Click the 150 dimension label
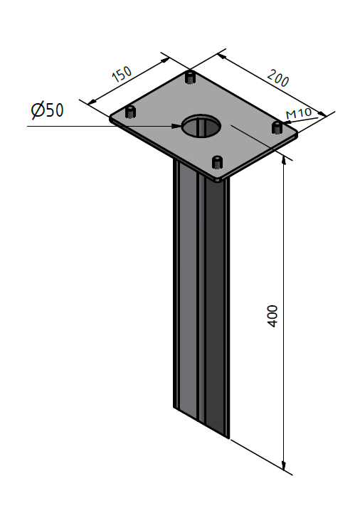(x=122, y=74)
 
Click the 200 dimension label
(x=278, y=78)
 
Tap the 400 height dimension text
(x=272, y=316)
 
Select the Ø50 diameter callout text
(x=47, y=110)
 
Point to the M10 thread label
(x=299, y=113)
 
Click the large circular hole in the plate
(x=201, y=126)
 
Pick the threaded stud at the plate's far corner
(x=190, y=77)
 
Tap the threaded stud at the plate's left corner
(x=130, y=112)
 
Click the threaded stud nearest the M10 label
(x=277, y=127)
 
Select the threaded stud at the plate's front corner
(x=217, y=162)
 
